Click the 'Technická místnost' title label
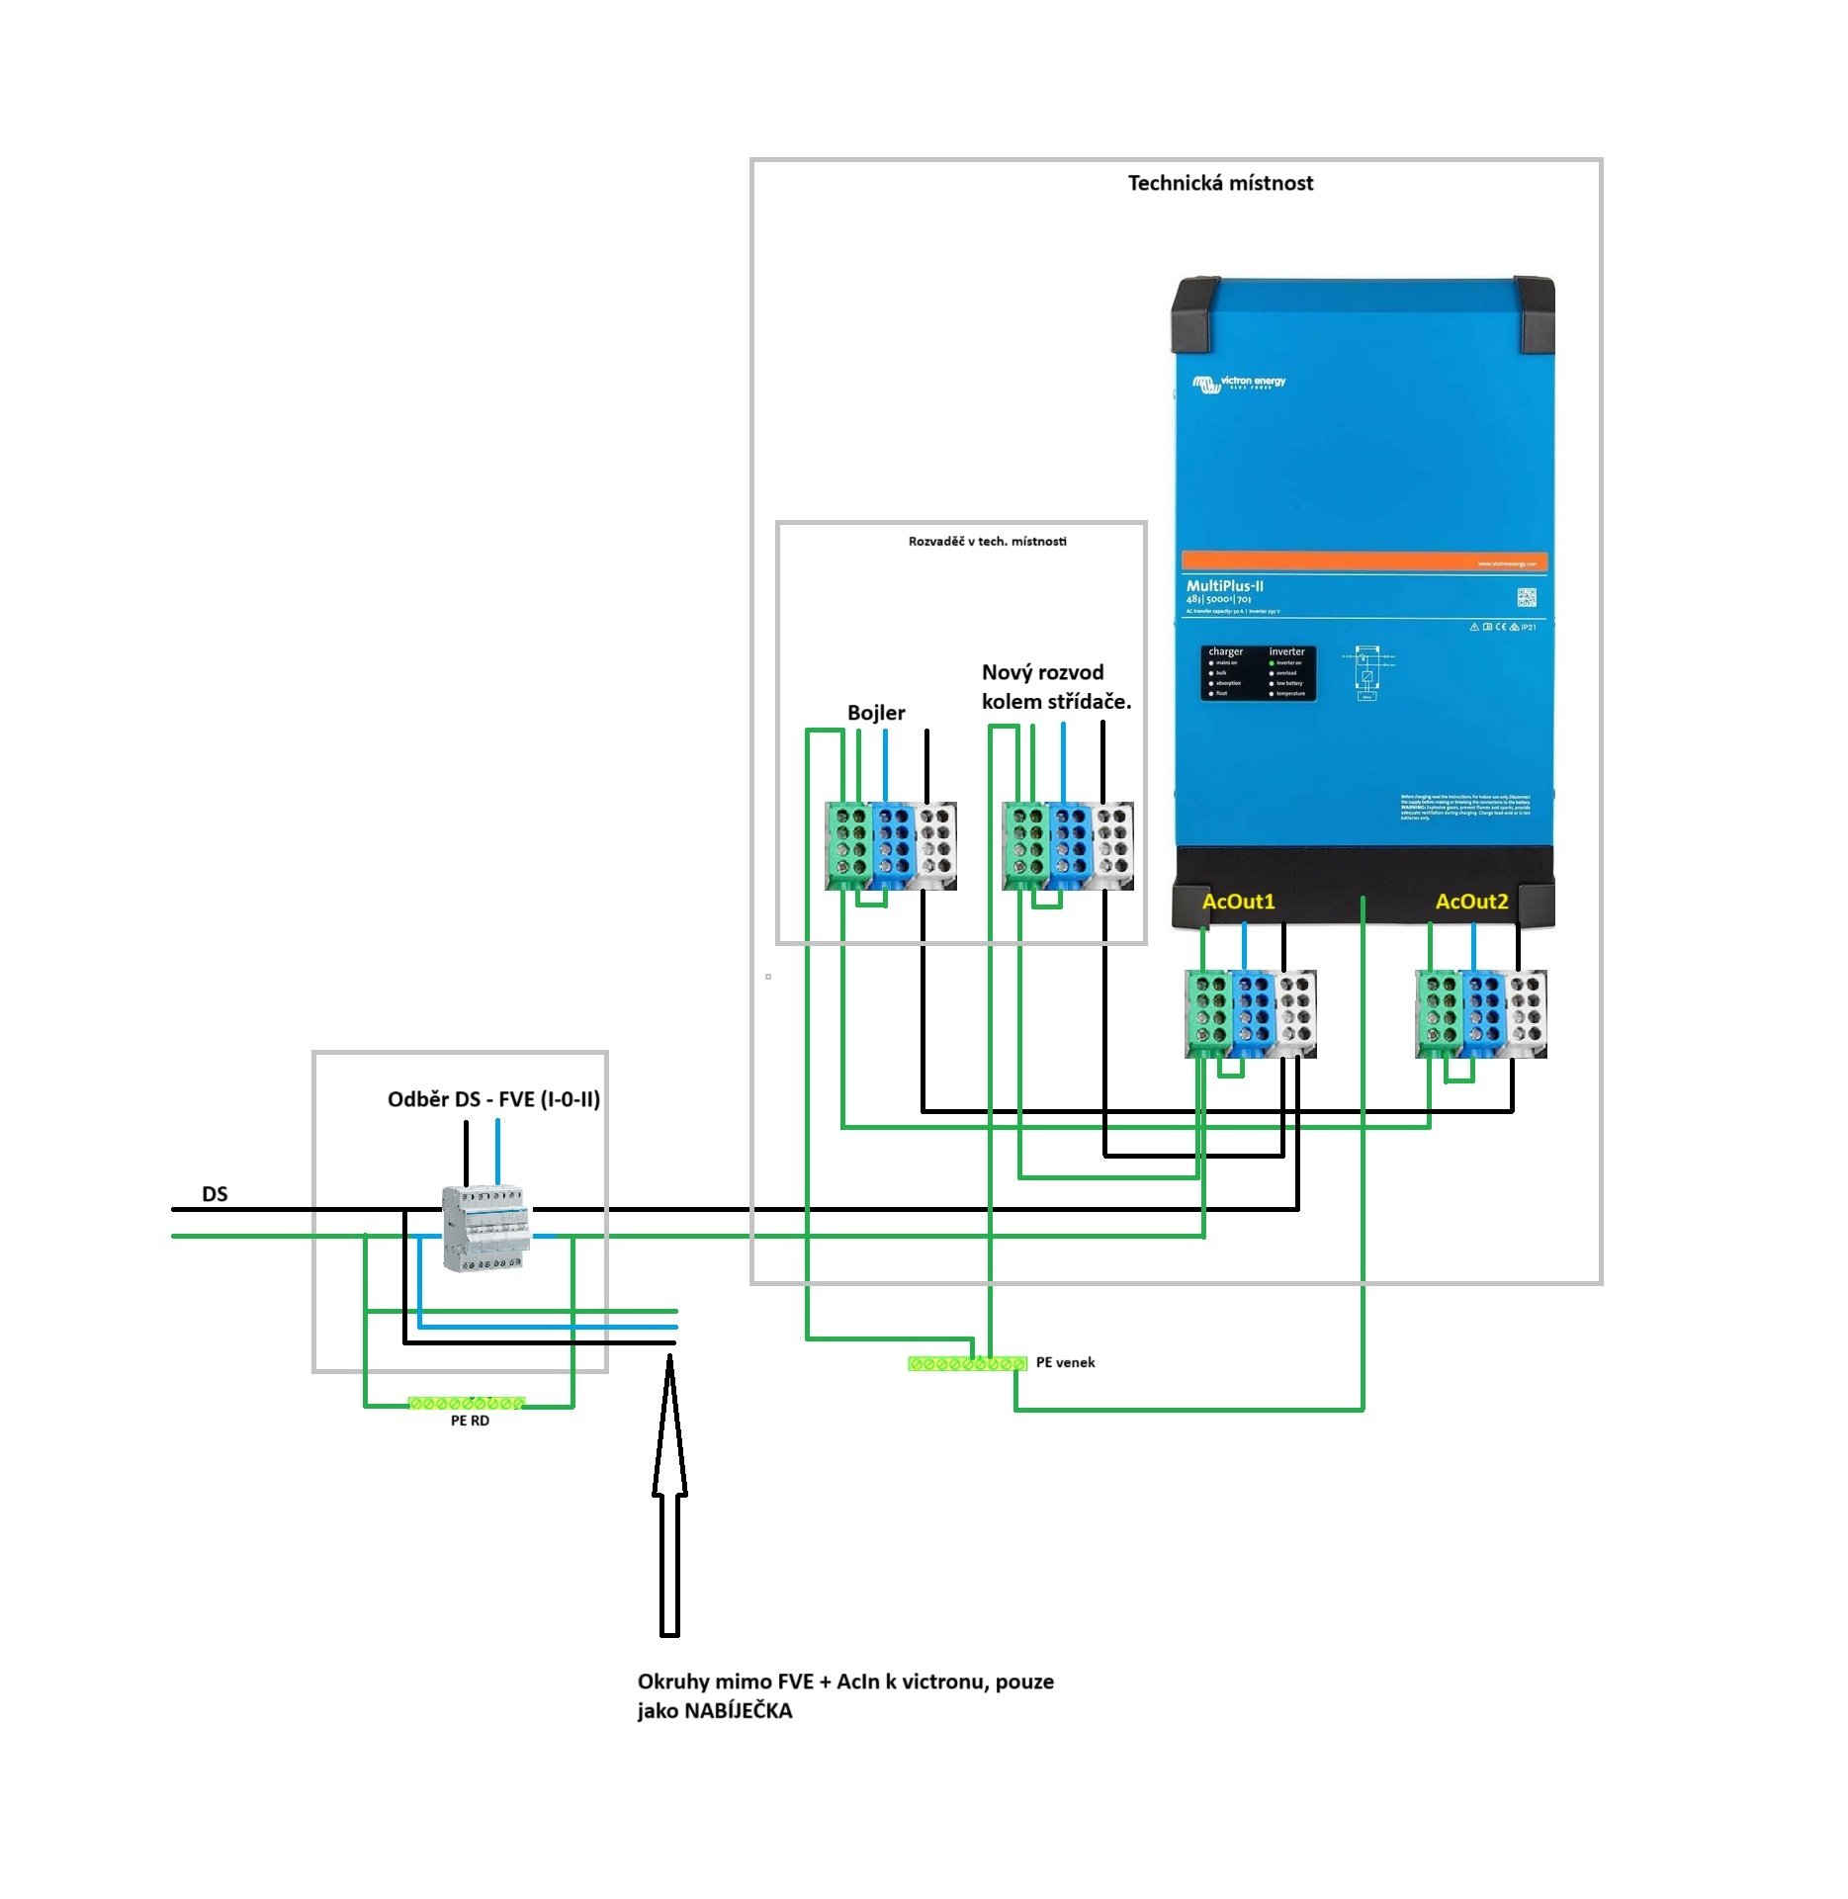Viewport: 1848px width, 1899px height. (1220, 183)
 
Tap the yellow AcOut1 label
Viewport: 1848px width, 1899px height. (1238, 902)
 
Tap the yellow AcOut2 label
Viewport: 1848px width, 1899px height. (1471, 902)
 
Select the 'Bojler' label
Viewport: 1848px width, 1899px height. (876, 713)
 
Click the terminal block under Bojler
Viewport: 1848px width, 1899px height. (891, 846)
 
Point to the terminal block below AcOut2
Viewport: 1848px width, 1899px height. (1481, 1014)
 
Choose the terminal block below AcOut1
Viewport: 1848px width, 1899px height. (1251, 1014)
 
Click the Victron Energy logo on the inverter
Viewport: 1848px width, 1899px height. (1239, 383)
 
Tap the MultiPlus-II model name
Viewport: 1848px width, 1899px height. (1224, 586)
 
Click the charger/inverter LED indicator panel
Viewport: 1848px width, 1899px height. (1258, 673)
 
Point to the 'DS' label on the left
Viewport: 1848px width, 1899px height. (215, 1194)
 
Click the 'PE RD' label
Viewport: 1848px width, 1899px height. (470, 1421)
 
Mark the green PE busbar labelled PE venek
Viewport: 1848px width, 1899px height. (967, 1364)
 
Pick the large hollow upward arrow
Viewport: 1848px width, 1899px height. (669, 1493)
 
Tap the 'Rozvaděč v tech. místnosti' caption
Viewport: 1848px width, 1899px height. (987, 542)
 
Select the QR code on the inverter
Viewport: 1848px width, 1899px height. (1526, 598)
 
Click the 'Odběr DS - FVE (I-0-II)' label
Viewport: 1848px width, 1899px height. (493, 1099)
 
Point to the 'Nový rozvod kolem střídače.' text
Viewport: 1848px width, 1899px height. (1055, 687)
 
